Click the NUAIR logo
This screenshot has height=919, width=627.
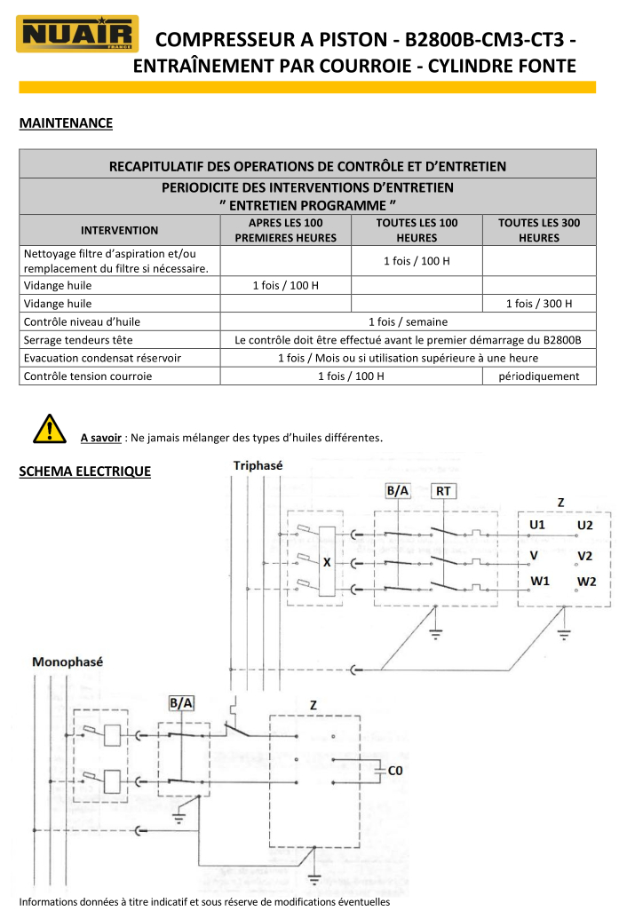click(77, 35)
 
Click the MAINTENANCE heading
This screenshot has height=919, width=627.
click(66, 123)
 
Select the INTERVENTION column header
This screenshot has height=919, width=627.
click(119, 230)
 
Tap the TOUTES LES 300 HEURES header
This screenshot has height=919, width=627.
click(539, 230)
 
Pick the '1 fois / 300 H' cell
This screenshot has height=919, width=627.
click(539, 304)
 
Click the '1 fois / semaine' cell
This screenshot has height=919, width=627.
click(408, 321)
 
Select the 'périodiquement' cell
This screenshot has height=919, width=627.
click(539, 376)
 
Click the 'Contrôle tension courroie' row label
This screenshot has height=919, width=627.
click(88, 376)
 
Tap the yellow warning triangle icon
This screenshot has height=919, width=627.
click(51, 429)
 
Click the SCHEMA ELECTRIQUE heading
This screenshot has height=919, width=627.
click(84, 471)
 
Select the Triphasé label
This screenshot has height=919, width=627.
click(258, 465)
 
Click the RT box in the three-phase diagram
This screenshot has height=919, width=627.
click(442, 490)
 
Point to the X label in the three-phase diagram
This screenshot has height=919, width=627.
click(327, 562)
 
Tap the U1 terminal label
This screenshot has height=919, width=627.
click(537, 526)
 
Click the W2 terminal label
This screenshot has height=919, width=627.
click(586, 582)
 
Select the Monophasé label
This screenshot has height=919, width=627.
click(67, 662)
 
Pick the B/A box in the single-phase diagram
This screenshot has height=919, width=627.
click(180, 702)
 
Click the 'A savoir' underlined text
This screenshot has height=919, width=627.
click(100, 438)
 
